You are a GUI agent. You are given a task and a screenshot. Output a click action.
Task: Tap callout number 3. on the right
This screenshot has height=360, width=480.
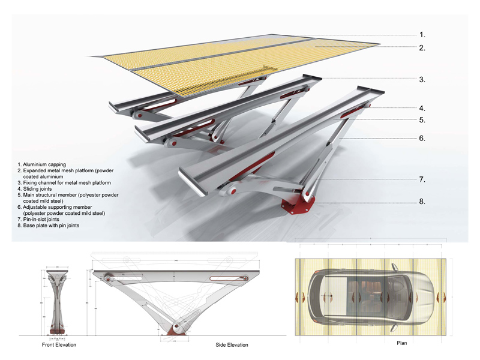coord(422,79)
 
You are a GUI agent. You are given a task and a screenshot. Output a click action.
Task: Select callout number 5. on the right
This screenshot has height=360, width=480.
coord(422,120)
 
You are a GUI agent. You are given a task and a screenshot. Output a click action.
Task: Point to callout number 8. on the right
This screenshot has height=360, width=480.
coord(422,202)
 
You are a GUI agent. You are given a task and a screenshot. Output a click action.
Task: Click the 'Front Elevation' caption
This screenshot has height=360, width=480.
coord(59,345)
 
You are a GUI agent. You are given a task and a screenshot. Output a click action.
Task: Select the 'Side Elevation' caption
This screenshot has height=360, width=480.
coord(232,345)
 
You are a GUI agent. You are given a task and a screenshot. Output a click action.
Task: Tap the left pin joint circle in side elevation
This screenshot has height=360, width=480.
coord(110,278)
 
